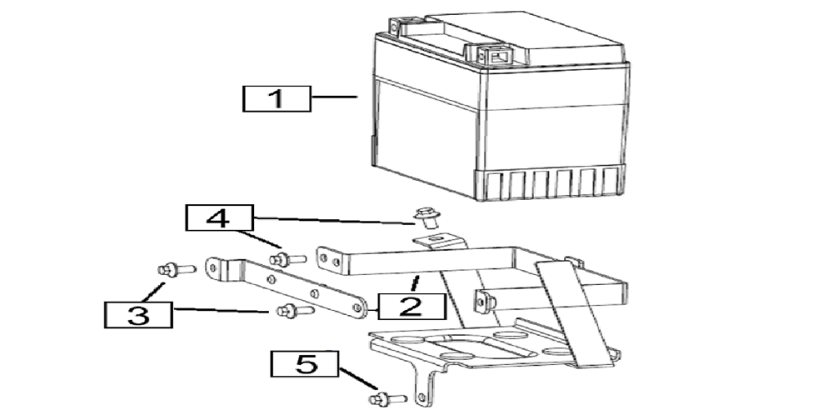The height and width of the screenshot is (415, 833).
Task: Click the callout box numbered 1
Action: [x=277, y=99]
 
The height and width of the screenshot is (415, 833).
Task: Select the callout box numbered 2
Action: [x=412, y=306]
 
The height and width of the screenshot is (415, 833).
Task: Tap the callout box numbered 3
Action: [x=138, y=314]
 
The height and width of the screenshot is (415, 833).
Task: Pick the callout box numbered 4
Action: [x=219, y=217]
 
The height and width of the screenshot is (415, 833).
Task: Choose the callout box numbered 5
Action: [x=304, y=364]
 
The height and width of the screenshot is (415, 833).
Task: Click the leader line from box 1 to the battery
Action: [x=334, y=97]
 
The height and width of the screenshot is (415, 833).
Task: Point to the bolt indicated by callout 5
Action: [x=388, y=398]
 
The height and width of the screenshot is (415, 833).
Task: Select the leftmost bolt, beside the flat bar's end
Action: [x=177, y=270]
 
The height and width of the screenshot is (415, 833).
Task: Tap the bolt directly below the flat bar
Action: [x=296, y=310]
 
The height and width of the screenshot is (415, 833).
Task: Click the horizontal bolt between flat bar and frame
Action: [x=288, y=260]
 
